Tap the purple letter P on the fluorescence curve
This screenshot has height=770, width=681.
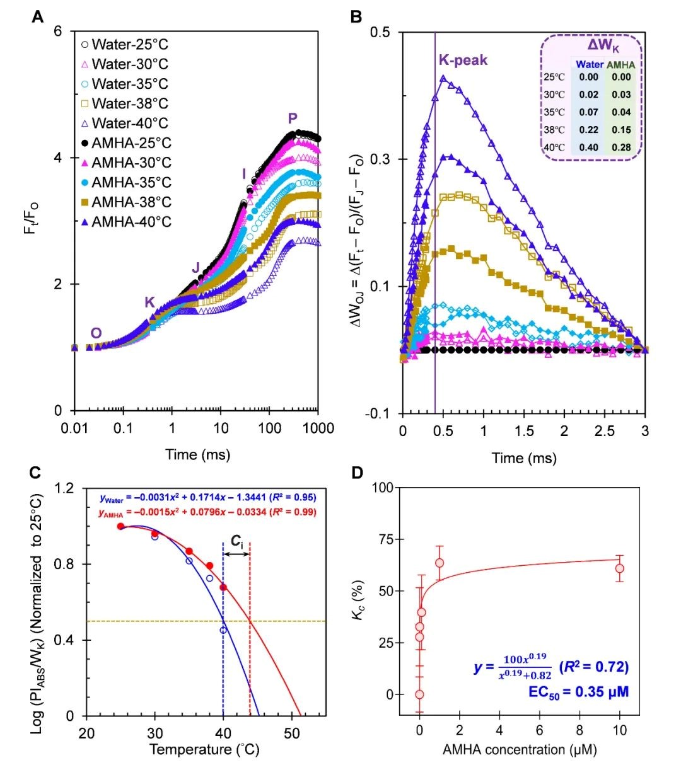(x=293, y=118)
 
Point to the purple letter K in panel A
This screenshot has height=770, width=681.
(x=149, y=302)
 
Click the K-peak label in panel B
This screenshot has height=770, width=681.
(x=463, y=61)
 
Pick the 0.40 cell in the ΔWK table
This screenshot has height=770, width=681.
(x=588, y=147)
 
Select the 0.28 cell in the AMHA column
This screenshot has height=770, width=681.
(x=621, y=147)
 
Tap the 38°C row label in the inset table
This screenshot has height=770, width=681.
(x=554, y=130)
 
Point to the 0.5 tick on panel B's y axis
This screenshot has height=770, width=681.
(x=381, y=32)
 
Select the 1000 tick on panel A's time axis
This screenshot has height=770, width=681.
(x=318, y=428)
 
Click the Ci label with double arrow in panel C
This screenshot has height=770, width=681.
(x=236, y=541)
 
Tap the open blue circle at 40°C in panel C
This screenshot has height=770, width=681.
(x=223, y=629)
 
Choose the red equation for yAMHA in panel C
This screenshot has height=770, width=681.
(x=207, y=512)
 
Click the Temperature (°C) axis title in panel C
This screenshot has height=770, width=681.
(x=204, y=750)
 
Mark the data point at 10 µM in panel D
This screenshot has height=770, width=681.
(x=620, y=568)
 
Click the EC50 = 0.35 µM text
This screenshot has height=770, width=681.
(x=578, y=692)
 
